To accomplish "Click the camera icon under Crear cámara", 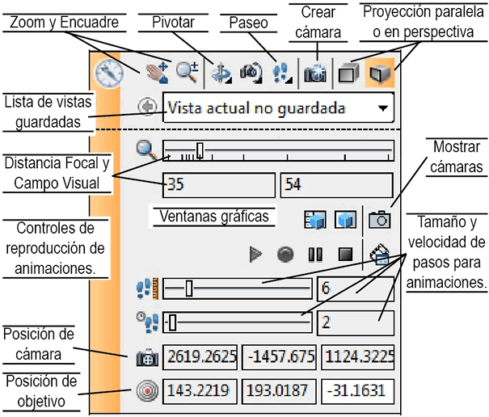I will click(x=314, y=74).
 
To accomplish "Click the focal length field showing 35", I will click(x=218, y=184).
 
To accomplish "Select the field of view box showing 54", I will click(x=336, y=184).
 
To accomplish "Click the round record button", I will click(x=285, y=254).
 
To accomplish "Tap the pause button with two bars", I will click(x=315, y=254).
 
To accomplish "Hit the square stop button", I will click(x=346, y=254).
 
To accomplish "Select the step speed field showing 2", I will click(x=355, y=322).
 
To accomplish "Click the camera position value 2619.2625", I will click(x=200, y=356).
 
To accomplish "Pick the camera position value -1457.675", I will click(x=277, y=356).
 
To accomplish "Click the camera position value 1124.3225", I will click(x=356, y=356).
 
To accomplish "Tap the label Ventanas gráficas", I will click(x=214, y=217).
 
